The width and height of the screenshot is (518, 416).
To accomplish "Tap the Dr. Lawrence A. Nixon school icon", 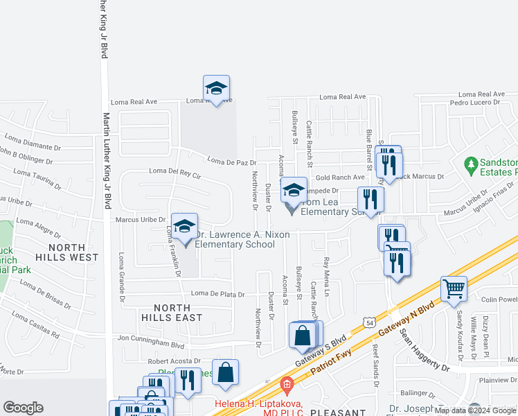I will (x=185, y=227).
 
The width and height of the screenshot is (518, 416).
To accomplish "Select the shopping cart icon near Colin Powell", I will (x=454, y=288).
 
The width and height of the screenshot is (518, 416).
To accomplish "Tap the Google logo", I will (x=23, y=408).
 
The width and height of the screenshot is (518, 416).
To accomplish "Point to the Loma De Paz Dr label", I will (x=232, y=162).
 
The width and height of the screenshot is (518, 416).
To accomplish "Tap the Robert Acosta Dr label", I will (x=174, y=361).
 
